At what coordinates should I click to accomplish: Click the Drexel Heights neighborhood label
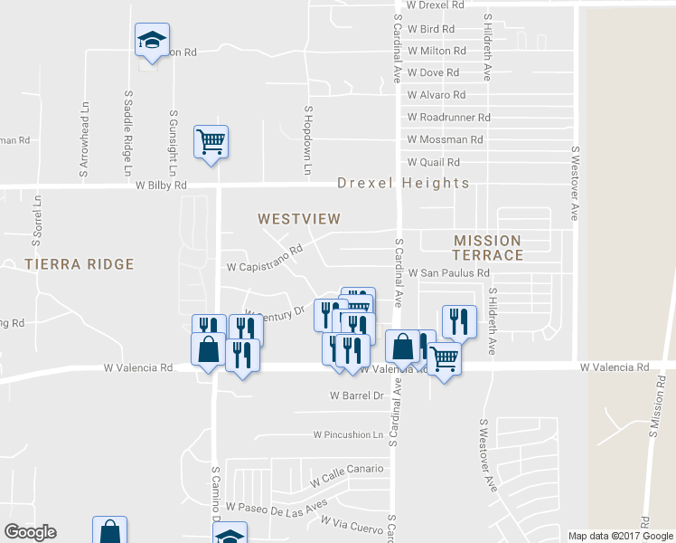(x=403, y=183)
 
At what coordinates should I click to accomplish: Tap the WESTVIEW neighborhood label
(x=298, y=219)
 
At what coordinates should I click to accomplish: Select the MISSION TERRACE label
(x=488, y=247)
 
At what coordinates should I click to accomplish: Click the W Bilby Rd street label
(x=161, y=186)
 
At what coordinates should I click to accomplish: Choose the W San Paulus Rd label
(x=448, y=272)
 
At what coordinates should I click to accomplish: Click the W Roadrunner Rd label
(x=448, y=117)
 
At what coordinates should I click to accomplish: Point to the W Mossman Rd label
(x=445, y=139)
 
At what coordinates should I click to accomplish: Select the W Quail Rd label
(x=434, y=162)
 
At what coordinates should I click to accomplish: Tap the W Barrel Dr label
(x=357, y=395)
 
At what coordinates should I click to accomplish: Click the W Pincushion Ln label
(x=348, y=434)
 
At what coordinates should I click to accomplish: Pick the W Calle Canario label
(x=347, y=469)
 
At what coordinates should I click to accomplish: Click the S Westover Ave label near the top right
(x=574, y=183)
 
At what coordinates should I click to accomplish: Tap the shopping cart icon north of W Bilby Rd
(x=211, y=141)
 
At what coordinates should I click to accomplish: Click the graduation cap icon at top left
(x=152, y=40)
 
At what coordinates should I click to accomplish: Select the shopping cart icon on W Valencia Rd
(x=443, y=359)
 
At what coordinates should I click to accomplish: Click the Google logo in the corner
(x=30, y=532)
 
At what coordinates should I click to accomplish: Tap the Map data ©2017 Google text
(x=621, y=536)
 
